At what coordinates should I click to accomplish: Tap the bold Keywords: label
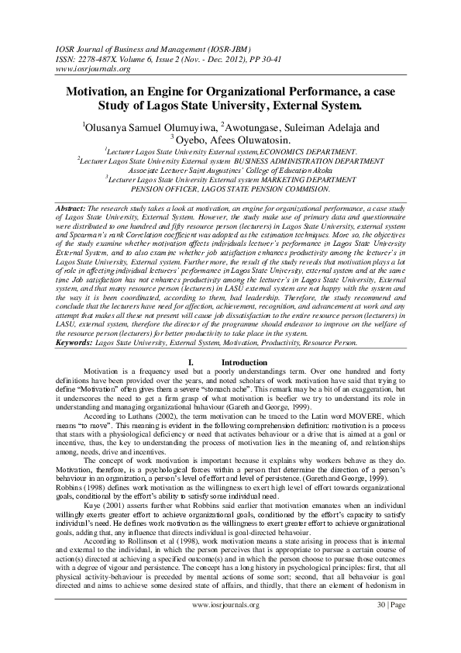[x=76, y=340]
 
